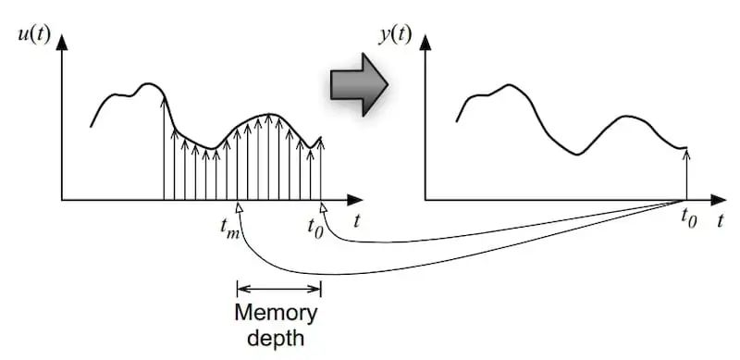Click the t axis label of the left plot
point(356,222)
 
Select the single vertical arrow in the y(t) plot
point(686,173)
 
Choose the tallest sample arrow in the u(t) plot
point(164,148)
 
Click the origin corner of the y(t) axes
point(425,199)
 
